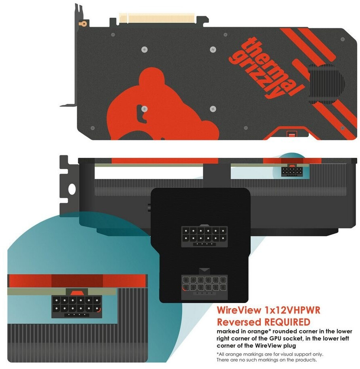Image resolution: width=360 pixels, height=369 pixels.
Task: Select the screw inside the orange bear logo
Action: point(144,108)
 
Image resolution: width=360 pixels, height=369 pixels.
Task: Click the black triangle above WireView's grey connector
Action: point(204,269)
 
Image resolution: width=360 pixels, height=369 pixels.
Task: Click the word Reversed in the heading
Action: point(238,322)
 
